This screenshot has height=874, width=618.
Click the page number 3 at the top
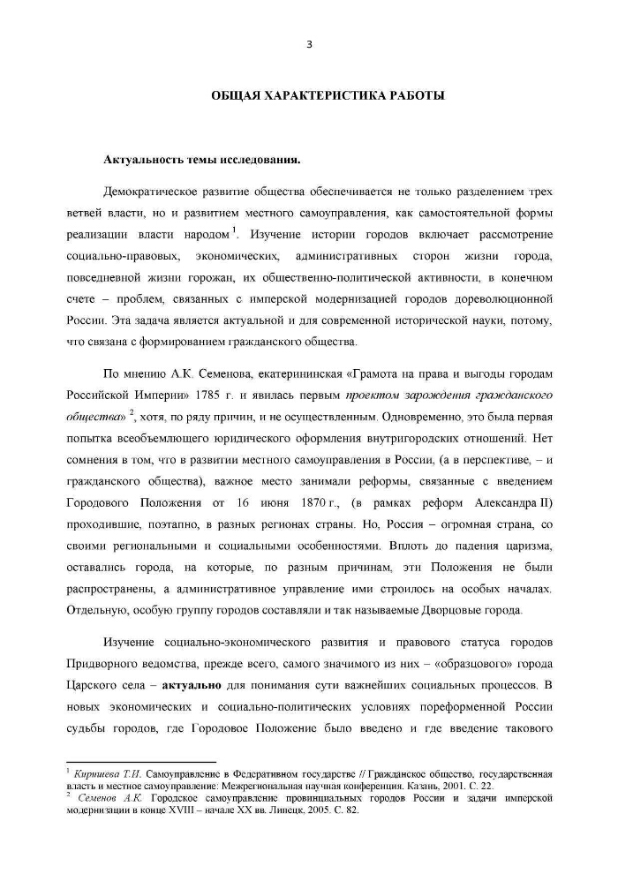[309, 45]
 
